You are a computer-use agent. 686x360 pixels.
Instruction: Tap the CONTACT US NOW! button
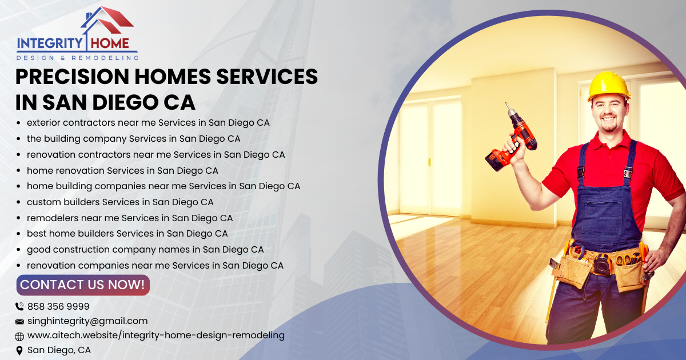coord(83,285)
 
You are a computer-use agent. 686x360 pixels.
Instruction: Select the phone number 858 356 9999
coord(58,306)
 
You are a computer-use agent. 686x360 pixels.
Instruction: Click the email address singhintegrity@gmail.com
coord(87,321)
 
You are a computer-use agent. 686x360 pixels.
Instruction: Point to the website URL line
coord(155,335)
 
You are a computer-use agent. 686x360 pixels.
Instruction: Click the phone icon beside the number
coord(19,307)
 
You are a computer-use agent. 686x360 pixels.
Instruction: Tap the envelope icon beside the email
coord(19,322)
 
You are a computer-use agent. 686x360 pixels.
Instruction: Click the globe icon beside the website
coord(19,337)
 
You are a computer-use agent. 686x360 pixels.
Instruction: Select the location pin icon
coord(19,350)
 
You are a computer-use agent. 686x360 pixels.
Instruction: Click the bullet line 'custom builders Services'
coord(120,202)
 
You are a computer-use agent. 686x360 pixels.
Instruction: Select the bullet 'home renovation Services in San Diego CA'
coord(122,171)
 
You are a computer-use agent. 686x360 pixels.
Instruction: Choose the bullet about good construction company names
coord(145,250)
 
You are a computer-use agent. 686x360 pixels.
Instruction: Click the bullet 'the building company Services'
coord(133,139)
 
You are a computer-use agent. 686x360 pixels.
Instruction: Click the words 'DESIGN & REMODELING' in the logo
coord(77,58)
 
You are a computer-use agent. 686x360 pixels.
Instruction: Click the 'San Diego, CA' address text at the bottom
coord(59,350)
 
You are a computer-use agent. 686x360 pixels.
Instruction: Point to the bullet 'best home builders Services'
coord(127,234)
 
